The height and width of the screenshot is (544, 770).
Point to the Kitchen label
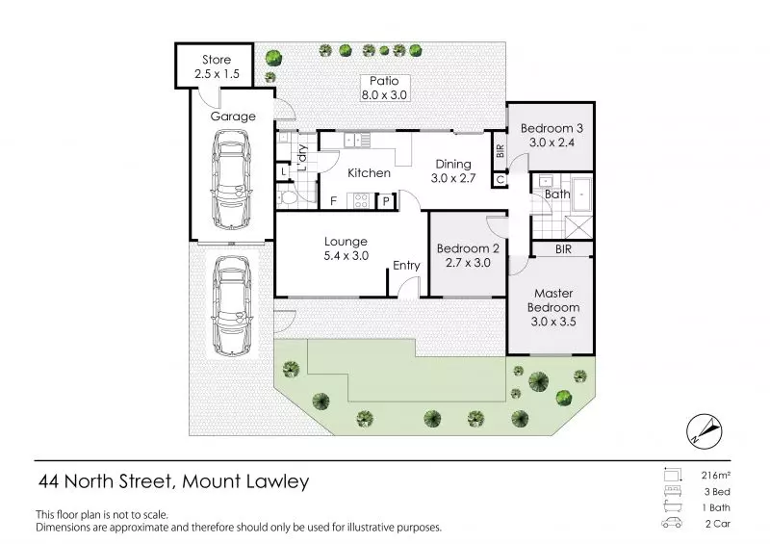(x=369, y=173)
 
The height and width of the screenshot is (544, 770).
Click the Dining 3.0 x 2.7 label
(x=451, y=171)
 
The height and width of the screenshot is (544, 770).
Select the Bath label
(x=557, y=194)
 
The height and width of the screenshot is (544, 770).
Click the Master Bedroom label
(x=553, y=301)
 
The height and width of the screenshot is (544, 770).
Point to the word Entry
(x=407, y=267)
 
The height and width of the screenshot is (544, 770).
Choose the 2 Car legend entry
(x=716, y=525)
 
